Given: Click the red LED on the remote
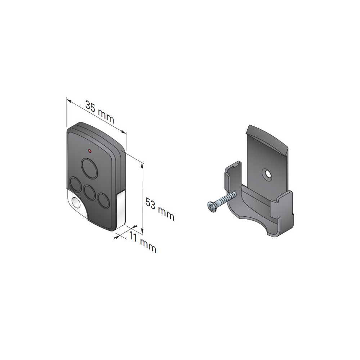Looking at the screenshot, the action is pos(90,151).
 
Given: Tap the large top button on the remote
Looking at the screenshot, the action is pos(89,168).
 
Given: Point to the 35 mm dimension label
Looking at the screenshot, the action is pos(100,112).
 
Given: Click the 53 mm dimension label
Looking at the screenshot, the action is pos(160,209).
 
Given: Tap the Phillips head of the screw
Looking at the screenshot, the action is pos(211,205).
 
